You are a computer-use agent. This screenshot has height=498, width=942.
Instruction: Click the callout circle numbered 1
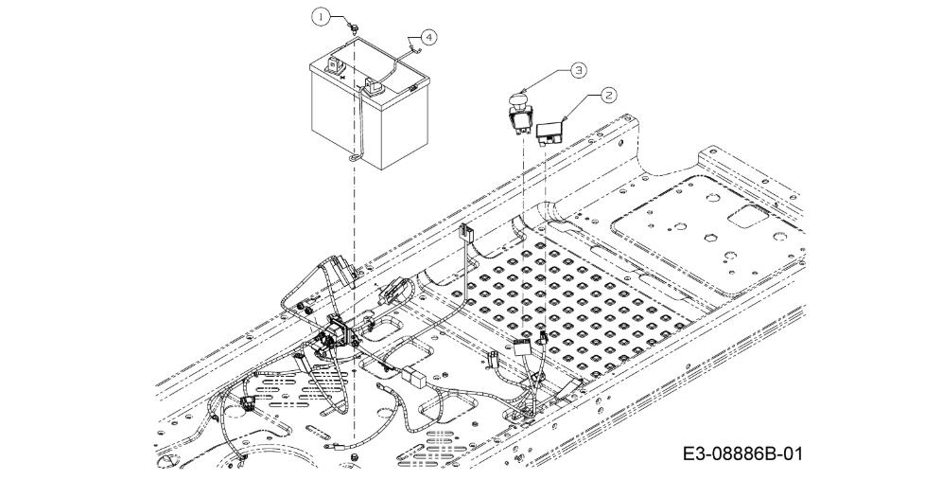(321, 17)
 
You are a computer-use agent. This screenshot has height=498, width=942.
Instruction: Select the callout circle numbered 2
(608, 94)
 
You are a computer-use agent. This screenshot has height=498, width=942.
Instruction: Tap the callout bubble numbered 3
(578, 70)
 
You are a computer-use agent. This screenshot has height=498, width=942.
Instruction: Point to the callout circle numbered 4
(428, 37)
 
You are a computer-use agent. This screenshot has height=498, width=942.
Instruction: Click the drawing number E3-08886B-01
(741, 454)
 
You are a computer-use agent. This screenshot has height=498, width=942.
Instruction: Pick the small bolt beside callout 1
(355, 27)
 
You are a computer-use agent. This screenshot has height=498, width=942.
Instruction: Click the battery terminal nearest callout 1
(334, 63)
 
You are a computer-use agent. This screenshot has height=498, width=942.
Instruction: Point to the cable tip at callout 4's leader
(410, 44)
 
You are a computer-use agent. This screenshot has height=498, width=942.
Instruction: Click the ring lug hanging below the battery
(354, 158)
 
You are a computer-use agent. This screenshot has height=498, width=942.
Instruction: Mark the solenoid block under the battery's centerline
(340, 330)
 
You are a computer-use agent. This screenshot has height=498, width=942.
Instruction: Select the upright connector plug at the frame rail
(465, 231)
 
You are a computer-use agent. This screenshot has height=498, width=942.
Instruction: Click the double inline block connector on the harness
(414, 378)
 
